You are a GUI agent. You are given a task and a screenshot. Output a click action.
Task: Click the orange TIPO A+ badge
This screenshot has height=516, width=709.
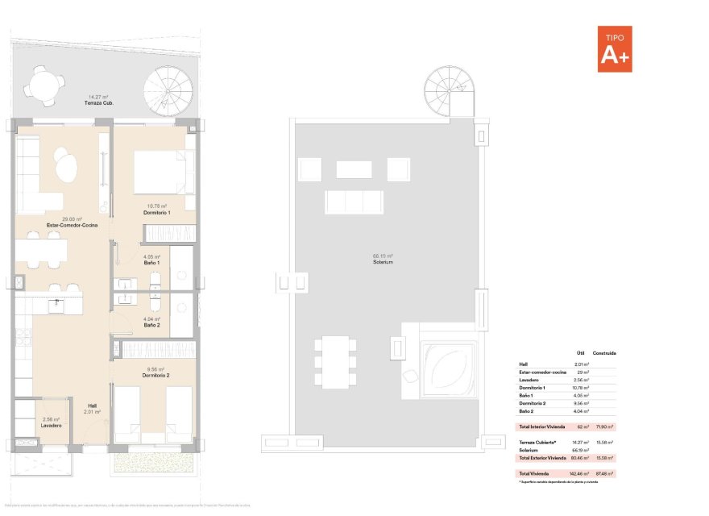(615, 49)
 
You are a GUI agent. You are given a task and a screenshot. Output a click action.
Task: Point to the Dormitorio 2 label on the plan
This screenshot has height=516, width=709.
(155, 376)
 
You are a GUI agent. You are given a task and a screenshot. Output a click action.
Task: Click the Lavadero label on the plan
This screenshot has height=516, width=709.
(52, 425)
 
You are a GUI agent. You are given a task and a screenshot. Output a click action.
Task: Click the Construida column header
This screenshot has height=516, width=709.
(604, 353)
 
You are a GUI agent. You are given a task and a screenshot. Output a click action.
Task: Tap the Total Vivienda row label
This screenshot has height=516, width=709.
(536, 472)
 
